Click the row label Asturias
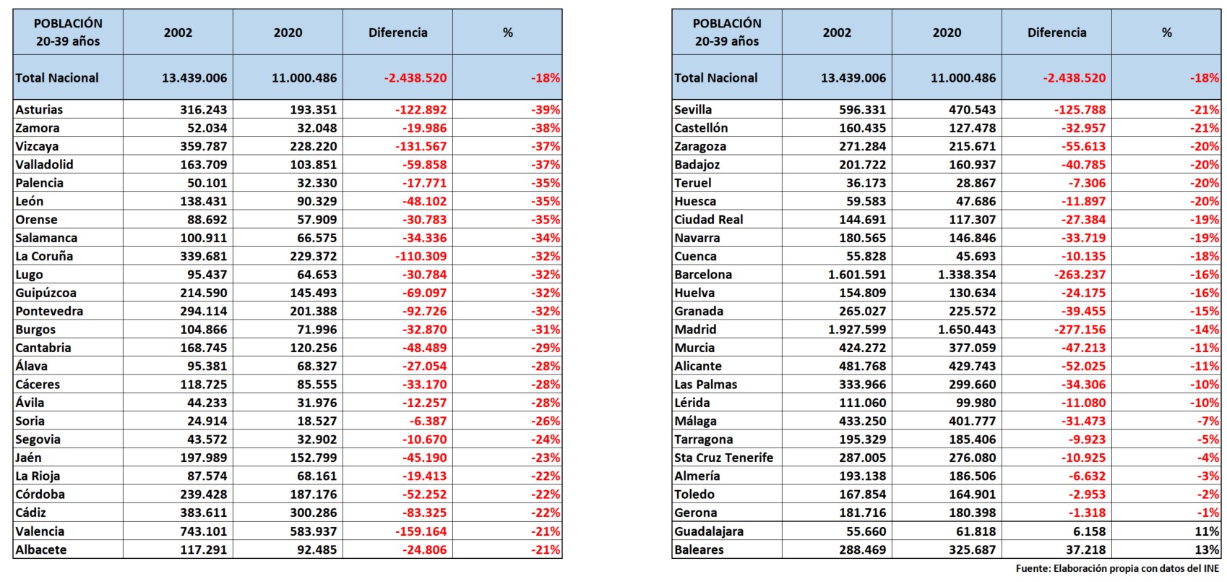coord(39,110)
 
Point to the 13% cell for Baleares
coord(1207,549)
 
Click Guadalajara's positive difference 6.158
coord(1085,531)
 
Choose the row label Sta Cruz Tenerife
coord(723,458)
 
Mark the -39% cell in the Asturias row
coord(546,110)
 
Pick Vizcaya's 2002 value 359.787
coord(203,147)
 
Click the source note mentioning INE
coord(1117,569)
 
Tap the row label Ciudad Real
coord(708,220)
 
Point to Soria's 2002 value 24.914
coord(207,421)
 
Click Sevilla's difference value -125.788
coord(1080,110)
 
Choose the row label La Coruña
coord(44,257)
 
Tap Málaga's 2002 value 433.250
coord(862,421)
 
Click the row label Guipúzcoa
coord(46,293)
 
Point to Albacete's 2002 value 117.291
coord(203,549)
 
